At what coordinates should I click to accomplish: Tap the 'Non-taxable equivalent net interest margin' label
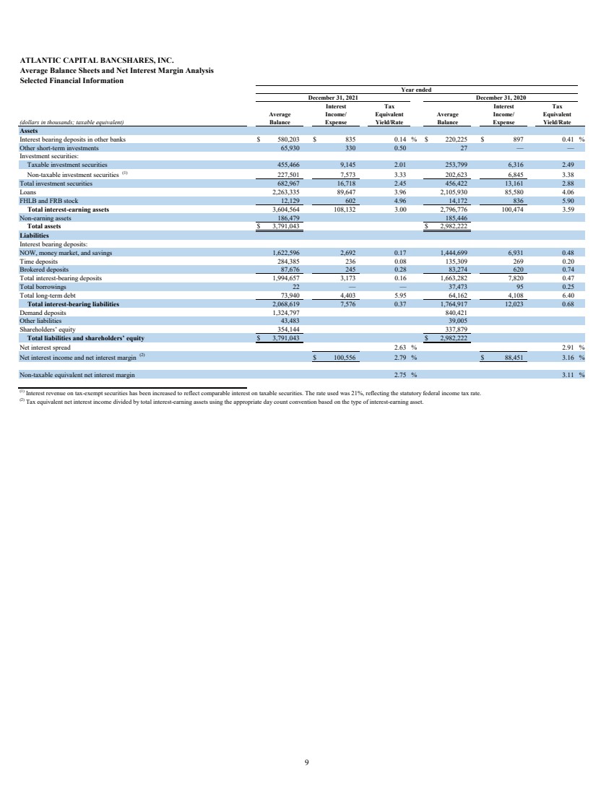[x=77, y=374]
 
